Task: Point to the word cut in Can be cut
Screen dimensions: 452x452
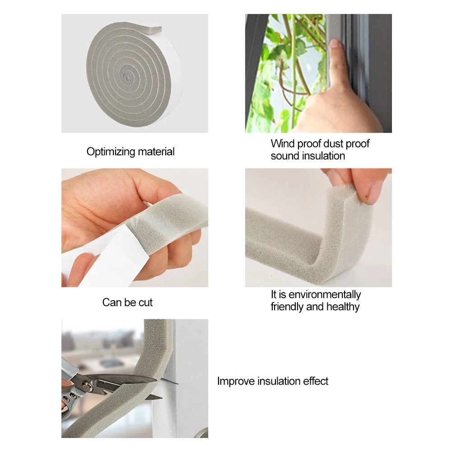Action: [145, 303]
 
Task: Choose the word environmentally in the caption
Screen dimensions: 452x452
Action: [325, 294]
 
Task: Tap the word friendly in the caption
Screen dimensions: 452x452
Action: [287, 307]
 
